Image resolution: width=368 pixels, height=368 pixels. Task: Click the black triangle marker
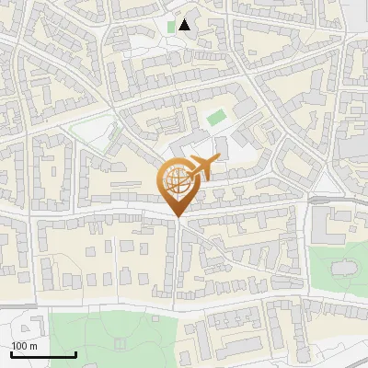(x=185, y=25)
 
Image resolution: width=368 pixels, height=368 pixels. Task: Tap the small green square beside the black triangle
(x=171, y=27)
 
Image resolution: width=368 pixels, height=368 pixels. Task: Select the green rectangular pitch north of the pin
(x=215, y=118)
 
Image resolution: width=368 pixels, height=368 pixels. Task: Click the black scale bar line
(x=43, y=355)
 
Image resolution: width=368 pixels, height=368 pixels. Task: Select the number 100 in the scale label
(x=19, y=346)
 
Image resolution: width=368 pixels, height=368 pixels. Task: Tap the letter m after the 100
(x=32, y=346)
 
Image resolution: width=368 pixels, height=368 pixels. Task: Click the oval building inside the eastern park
(x=341, y=268)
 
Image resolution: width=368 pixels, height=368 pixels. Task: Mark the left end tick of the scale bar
(x=11, y=353)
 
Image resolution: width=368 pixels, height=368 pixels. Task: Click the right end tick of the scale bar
(x=75, y=353)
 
